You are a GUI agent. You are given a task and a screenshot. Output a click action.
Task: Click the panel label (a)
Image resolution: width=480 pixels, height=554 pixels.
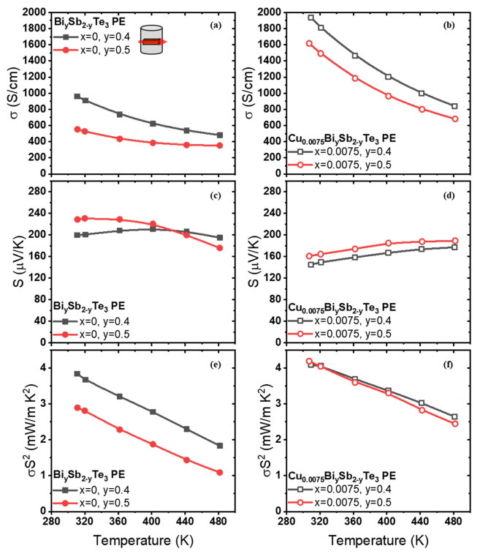216,24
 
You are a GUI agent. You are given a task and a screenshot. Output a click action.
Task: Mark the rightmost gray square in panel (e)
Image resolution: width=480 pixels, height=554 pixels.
219,446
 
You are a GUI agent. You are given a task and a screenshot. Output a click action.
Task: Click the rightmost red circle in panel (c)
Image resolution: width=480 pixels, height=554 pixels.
219,248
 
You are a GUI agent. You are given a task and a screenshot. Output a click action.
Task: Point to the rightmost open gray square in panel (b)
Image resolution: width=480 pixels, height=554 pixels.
454,106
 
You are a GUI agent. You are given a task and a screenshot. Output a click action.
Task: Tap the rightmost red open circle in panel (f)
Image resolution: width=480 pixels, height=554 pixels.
454,424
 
